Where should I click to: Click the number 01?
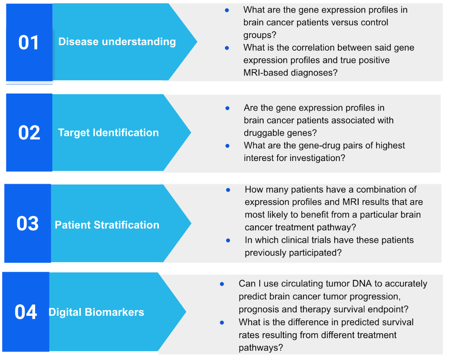tap(29, 43)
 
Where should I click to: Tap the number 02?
tap(29, 133)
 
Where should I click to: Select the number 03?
tap(28, 223)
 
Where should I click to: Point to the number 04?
tap(26, 312)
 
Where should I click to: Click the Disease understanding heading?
tap(117, 42)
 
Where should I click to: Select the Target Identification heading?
tap(109, 132)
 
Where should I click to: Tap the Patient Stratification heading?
tap(107, 225)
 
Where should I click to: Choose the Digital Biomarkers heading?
tap(96, 312)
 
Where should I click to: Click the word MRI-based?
tap(265, 73)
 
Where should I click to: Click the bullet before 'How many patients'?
tap(228, 190)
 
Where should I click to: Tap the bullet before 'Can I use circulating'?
tap(222, 284)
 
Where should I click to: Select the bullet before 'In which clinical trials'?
tap(228, 241)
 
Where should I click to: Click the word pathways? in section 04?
tap(261, 348)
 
